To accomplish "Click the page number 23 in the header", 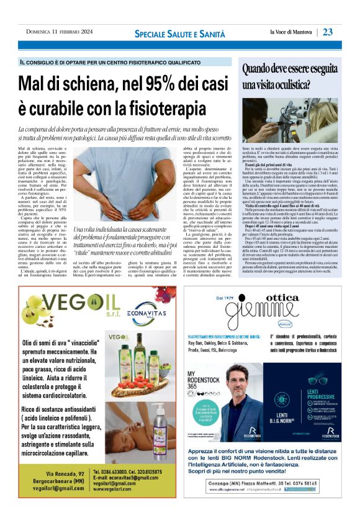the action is click(328, 32).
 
